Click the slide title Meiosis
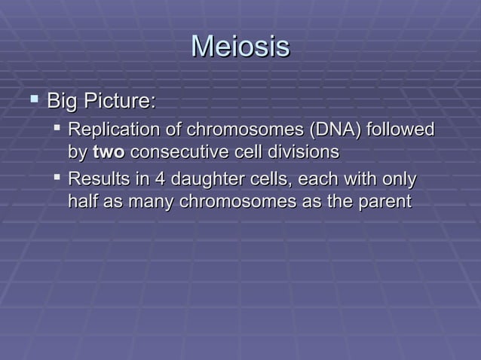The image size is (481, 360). (240, 47)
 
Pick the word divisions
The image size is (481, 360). (301, 152)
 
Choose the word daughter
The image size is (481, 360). (207, 181)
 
